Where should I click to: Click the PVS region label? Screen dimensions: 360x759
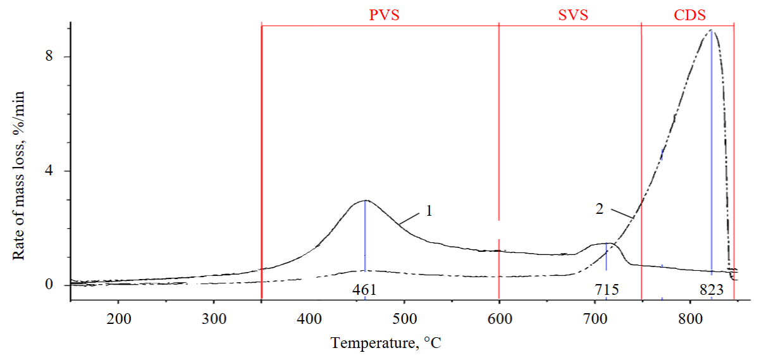[385, 15]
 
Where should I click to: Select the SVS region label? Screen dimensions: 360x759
[573, 15]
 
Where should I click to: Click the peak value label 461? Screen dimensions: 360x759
[365, 290]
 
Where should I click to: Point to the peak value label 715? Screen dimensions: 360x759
[606, 290]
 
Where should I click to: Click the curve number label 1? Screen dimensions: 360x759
[428, 211]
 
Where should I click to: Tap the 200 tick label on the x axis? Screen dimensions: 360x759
[118, 317]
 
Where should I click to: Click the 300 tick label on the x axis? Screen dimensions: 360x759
[214, 317]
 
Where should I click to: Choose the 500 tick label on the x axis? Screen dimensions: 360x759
[404, 317]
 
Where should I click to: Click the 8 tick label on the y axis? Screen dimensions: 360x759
[48, 56]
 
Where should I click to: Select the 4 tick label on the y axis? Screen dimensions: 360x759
[48, 171]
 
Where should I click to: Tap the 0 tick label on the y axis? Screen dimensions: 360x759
[48, 285]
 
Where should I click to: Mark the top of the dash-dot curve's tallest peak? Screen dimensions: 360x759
[711, 30]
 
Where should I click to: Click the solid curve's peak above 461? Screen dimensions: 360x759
[365, 201]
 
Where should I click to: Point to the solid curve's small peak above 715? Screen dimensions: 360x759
[607, 244]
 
